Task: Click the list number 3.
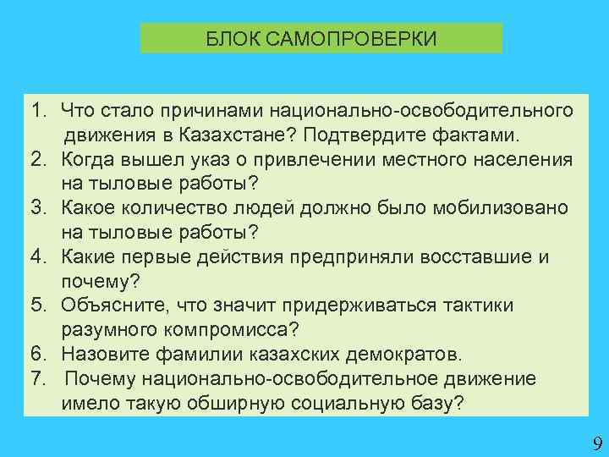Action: click(x=37, y=208)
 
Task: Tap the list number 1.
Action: click(x=37, y=111)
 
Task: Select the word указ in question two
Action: click(x=238, y=160)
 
